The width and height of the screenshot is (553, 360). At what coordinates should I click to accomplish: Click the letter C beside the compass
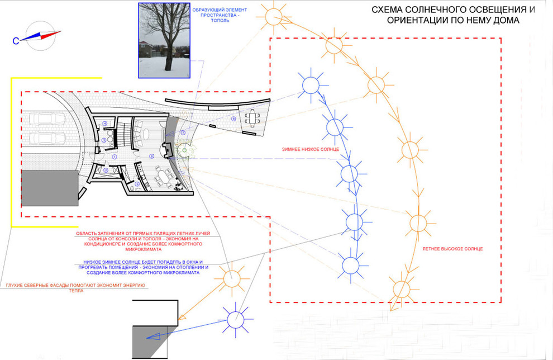[x=16, y=40]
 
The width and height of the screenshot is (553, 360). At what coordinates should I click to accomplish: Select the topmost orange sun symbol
[x=275, y=16]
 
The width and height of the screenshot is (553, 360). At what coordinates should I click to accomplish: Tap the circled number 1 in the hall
[x=115, y=157]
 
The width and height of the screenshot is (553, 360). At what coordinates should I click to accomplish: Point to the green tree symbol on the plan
[x=184, y=150]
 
